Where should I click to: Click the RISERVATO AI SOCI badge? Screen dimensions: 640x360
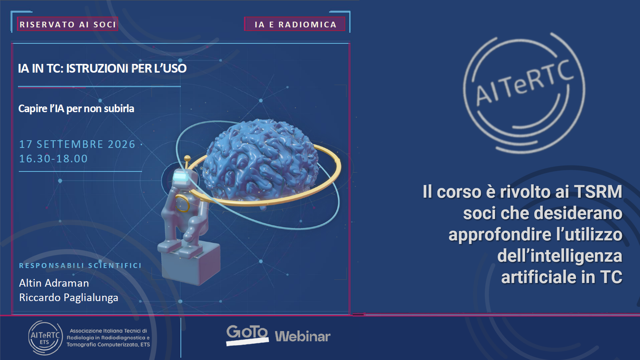point(68,24)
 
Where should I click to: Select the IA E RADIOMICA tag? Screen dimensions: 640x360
point(295,24)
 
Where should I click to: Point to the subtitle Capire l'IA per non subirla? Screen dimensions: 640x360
point(76,109)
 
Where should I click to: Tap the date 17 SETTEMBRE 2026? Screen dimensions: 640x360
point(77,144)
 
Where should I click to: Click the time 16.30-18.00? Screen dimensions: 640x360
point(53,159)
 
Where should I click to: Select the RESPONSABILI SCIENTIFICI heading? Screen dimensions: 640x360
point(80,266)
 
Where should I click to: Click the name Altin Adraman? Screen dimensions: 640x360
point(54,283)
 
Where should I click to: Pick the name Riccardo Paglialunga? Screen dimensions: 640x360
point(69,298)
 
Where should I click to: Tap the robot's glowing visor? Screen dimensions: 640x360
point(180,177)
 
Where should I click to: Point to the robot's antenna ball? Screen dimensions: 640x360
point(187,158)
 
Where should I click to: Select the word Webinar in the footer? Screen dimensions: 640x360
point(303,336)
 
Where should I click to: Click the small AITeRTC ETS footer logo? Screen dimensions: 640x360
point(45,338)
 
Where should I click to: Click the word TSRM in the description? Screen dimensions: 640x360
point(598,192)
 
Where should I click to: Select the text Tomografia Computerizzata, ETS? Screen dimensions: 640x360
point(108,345)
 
